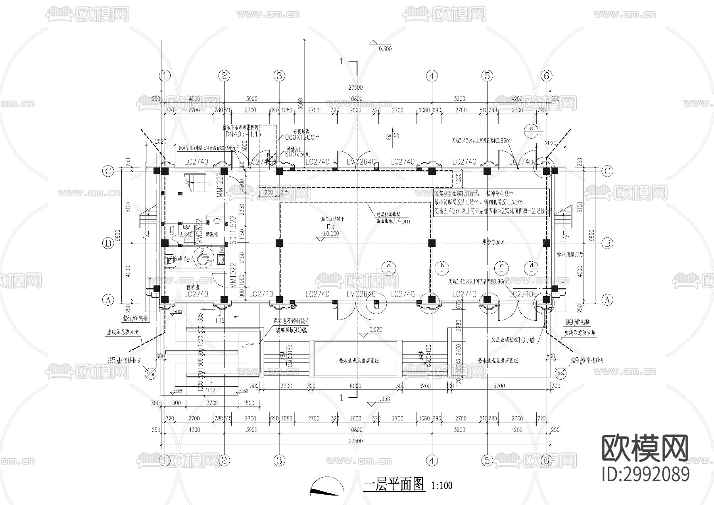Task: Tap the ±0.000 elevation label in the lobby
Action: coord(330,234)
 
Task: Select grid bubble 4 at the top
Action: coord(432,75)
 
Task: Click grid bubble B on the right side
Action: coord(607,243)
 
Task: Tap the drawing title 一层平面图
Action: coord(394,485)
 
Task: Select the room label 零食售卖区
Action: coord(493,242)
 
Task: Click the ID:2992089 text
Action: coord(646,474)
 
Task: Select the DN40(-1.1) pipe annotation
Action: coord(243,135)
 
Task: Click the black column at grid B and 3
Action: coord(279,243)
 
